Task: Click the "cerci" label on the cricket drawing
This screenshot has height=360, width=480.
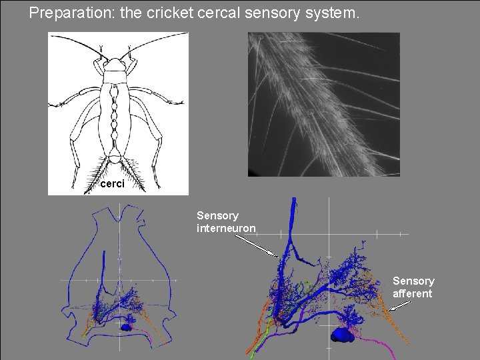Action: tap(111, 183)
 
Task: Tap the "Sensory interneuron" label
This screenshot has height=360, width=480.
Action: tap(226, 222)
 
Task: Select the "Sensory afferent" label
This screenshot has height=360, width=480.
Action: tap(413, 287)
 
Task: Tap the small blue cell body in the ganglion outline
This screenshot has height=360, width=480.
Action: tap(126, 327)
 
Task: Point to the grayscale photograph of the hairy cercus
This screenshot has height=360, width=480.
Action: tap(323, 104)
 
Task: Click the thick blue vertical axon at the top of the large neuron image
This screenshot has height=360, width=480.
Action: tap(292, 220)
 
